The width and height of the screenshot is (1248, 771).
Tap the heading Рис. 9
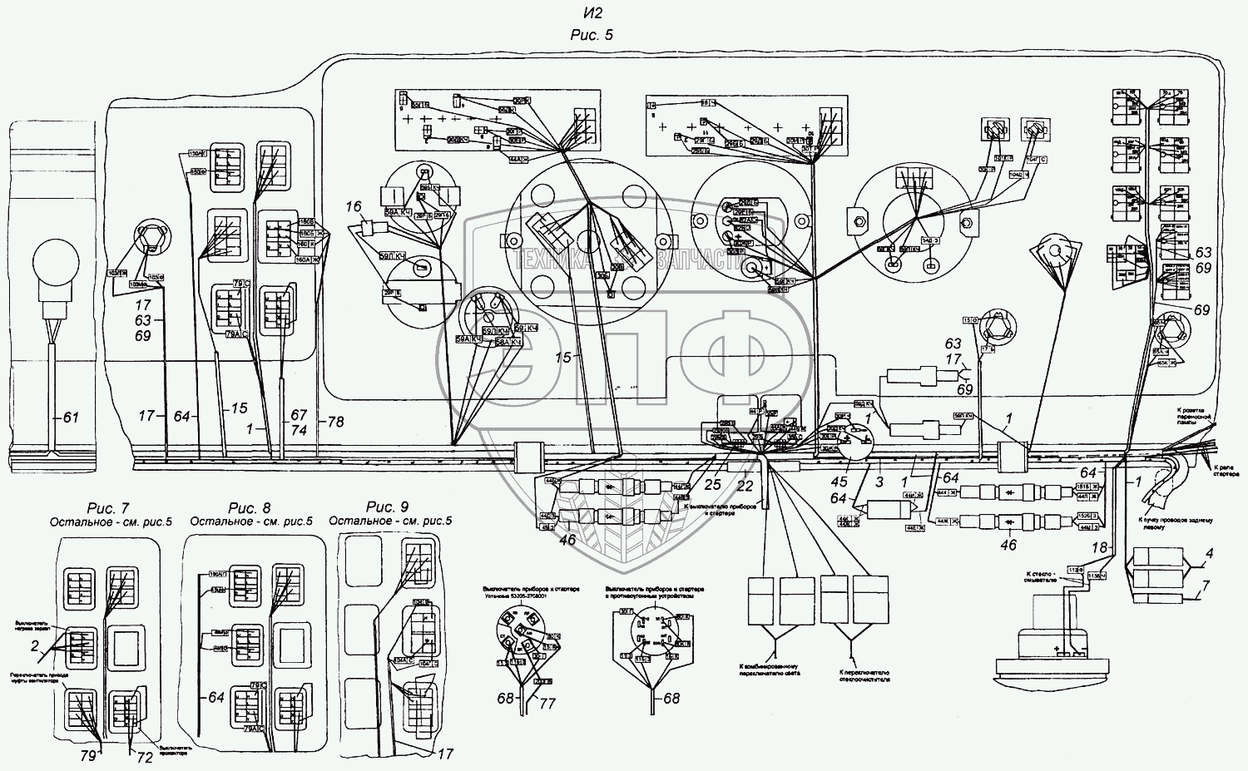[387, 507]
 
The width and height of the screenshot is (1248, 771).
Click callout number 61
[71, 416]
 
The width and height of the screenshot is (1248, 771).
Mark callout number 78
[334, 422]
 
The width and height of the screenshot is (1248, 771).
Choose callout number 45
[839, 482]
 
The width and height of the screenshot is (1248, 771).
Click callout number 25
[712, 484]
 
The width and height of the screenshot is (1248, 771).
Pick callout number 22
[744, 486]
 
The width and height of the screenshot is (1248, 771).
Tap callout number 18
[1100, 547]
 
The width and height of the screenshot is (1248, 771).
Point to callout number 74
[300, 430]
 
